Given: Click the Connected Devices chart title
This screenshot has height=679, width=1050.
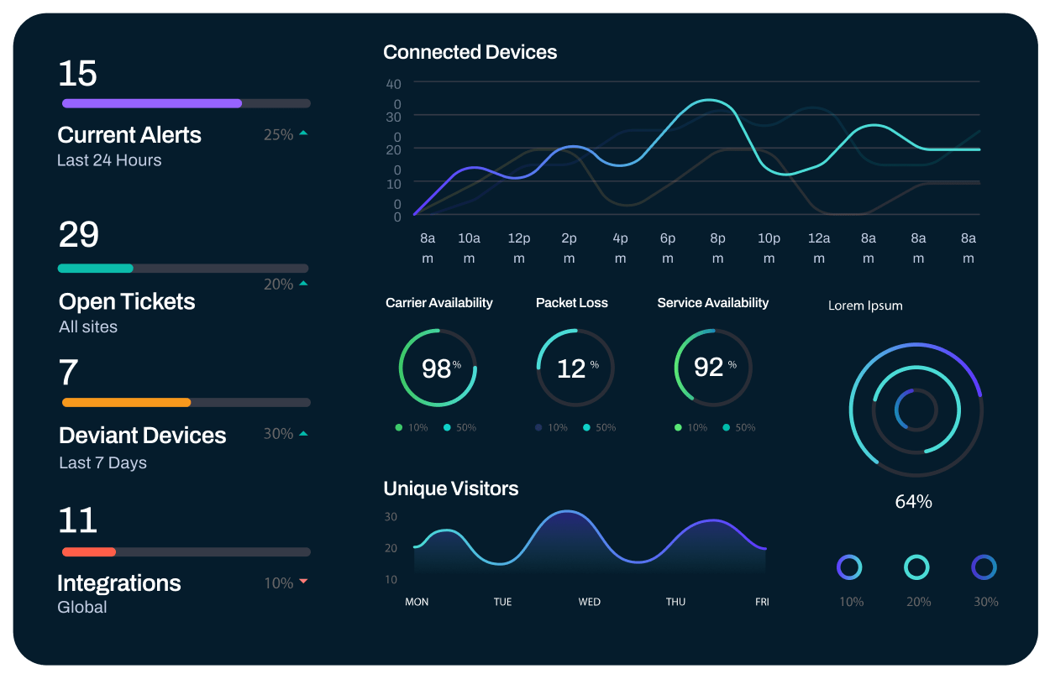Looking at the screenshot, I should (x=470, y=52).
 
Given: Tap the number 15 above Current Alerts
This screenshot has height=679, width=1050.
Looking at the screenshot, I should (x=77, y=74).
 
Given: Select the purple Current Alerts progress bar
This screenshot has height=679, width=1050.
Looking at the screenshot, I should (x=152, y=103).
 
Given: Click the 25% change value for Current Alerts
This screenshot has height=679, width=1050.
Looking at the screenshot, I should (x=278, y=134).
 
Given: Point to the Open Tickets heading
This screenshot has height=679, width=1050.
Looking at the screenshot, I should (x=127, y=301).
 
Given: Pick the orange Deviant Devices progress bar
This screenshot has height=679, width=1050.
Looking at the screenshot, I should (x=127, y=402).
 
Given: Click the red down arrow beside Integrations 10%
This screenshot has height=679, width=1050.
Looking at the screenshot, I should (x=303, y=582).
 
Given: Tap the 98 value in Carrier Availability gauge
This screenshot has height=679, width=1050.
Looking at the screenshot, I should (x=436, y=368).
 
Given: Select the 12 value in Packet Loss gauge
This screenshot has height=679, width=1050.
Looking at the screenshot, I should (x=571, y=368).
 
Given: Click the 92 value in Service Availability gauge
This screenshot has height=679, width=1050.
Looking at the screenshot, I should (x=708, y=367).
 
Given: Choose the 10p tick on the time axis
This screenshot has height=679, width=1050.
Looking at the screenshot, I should (x=769, y=238).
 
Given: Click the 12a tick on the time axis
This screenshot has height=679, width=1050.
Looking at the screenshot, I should (x=819, y=238).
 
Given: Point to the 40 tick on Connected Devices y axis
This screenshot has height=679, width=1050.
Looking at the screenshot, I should (x=393, y=83).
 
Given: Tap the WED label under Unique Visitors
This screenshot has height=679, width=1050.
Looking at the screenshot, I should (x=589, y=602).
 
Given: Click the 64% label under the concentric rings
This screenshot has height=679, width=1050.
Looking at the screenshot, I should (x=913, y=502).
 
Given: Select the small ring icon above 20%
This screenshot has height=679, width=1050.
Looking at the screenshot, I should (x=916, y=567).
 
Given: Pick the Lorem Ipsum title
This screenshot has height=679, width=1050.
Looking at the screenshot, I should (x=865, y=306).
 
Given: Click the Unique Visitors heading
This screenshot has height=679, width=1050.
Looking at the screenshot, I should (x=450, y=488).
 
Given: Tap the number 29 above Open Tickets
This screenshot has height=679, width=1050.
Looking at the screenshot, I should (x=79, y=235).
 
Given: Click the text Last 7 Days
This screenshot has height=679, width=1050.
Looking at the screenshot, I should (x=102, y=462).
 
